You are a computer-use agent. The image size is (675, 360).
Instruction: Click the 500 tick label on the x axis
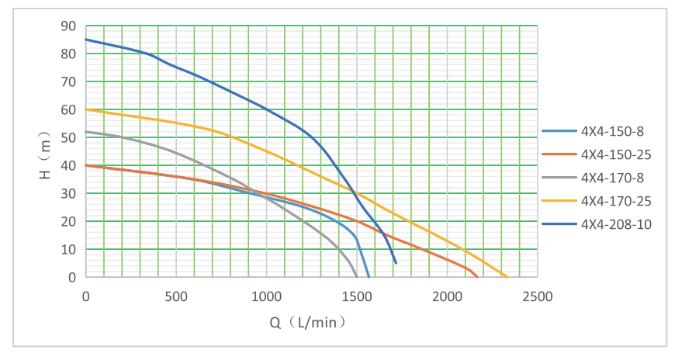pyautogui.click(x=176, y=296)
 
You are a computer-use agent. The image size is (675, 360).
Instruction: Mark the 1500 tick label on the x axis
pyautogui.click(x=357, y=296)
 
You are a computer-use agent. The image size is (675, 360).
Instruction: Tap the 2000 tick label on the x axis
pyautogui.click(x=447, y=296)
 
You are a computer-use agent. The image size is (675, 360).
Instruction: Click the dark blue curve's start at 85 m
pyautogui.click(x=86, y=40)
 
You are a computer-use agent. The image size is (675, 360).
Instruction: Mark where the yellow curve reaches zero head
pyautogui.click(x=507, y=277)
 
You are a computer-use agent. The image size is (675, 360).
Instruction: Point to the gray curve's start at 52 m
pyautogui.click(x=86, y=132)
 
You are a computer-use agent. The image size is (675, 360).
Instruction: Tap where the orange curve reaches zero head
pyautogui.click(x=477, y=277)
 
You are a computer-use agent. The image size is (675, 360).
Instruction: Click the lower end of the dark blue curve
pyautogui.click(x=396, y=263)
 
